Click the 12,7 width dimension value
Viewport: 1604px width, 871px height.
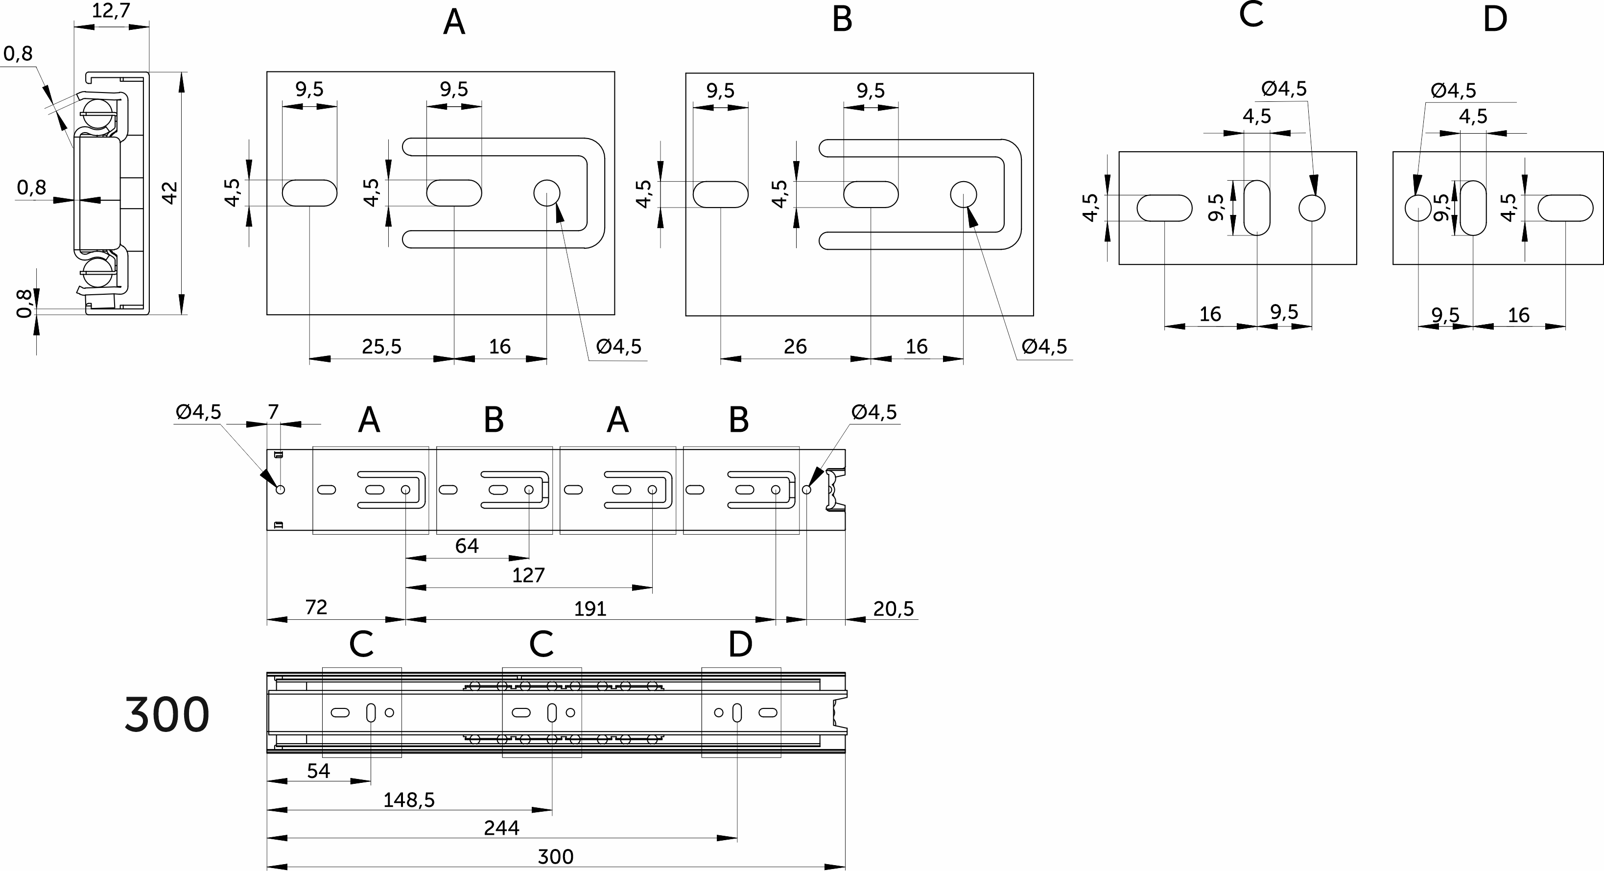111,11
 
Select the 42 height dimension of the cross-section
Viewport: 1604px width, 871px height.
169,193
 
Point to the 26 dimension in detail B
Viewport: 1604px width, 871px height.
795,346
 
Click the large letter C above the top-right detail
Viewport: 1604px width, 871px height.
1251,15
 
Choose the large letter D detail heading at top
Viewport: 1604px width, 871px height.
1494,19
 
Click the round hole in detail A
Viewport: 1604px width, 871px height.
547,193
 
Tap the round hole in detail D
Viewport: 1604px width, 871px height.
1418,208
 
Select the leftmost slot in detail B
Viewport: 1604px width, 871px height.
720,194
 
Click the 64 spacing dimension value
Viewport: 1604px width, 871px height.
467,546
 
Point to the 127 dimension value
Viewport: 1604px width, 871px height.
528,575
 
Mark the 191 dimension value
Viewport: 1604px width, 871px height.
590,608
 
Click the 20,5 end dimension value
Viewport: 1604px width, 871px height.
893,608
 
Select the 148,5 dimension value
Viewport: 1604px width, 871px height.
408,800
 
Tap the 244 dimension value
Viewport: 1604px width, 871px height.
501,828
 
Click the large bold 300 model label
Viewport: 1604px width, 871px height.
167,715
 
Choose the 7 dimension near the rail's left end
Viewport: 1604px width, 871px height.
273,412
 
